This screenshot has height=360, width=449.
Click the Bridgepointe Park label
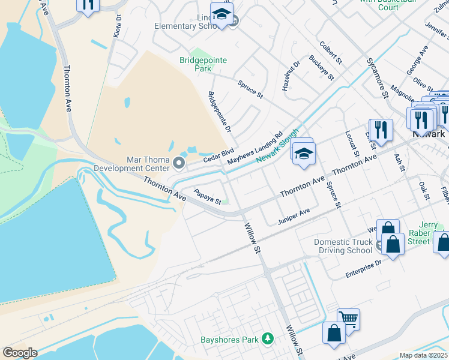(x=196, y=64)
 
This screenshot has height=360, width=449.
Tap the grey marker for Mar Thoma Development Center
(x=179, y=163)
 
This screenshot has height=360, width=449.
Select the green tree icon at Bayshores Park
(x=268, y=340)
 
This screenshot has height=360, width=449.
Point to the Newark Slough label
(x=277, y=146)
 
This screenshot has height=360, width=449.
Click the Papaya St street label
(x=208, y=196)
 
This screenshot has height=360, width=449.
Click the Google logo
(x=20, y=353)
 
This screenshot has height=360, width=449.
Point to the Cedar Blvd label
(x=218, y=155)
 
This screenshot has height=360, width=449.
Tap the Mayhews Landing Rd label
(x=255, y=150)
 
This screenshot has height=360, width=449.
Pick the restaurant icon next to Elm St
(x=381, y=129)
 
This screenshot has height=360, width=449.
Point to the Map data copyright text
(x=423, y=355)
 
